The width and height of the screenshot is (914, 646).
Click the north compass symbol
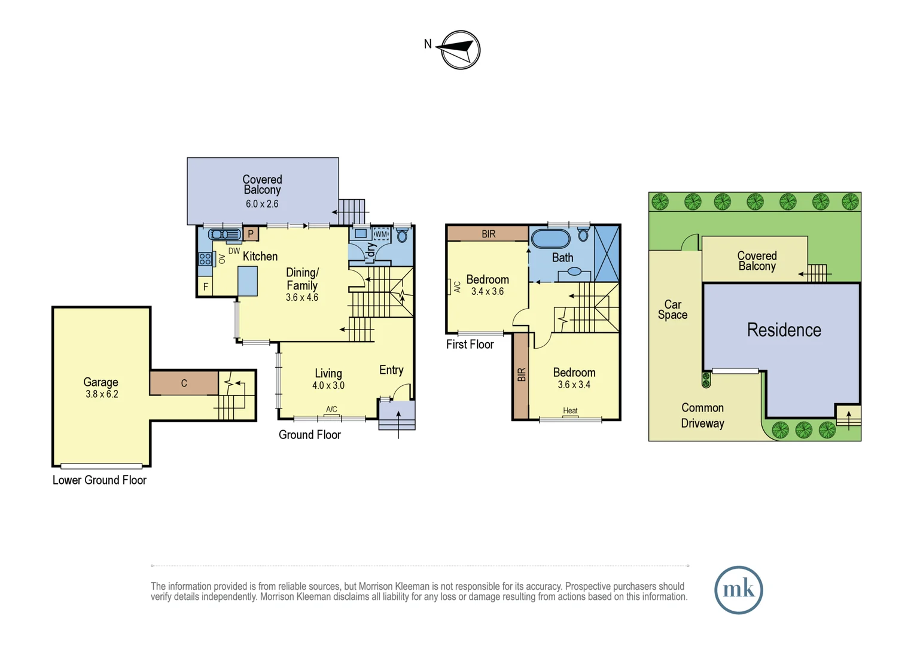[x=461, y=50]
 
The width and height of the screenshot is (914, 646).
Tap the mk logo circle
[x=739, y=590]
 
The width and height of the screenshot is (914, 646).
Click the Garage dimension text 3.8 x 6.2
[x=102, y=394]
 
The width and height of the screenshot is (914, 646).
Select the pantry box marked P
[x=251, y=234]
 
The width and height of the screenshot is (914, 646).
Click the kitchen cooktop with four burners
[x=205, y=259]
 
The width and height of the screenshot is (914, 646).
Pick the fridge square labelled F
[x=205, y=287]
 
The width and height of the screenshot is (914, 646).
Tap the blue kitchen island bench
[x=247, y=281]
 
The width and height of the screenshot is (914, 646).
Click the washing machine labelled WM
[x=381, y=234]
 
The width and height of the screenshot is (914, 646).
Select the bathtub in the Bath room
[x=550, y=239]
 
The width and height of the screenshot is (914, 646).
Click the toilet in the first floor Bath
[x=583, y=234]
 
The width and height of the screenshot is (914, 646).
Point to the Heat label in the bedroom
[x=570, y=410]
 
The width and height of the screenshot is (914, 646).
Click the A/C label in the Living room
[x=331, y=409]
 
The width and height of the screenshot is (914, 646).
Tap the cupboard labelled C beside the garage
[x=184, y=383]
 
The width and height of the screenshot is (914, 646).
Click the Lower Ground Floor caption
[x=99, y=480]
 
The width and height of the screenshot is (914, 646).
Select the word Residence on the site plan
[x=784, y=330]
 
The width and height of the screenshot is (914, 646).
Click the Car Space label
[x=673, y=309]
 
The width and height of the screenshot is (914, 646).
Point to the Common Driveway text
[x=703, y=416]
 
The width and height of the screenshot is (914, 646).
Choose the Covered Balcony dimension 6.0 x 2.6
[x=262, y=203]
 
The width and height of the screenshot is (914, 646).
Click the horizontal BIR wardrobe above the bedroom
[x=488, y=234]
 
